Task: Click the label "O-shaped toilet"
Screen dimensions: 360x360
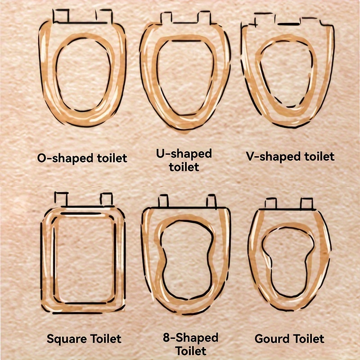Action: [x=82, y=158]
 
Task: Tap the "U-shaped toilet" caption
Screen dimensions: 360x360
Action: [x=184, y=160]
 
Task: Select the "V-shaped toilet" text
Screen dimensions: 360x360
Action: [x=290, y=157]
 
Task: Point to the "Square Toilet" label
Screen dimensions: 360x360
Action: [x=84, y=339]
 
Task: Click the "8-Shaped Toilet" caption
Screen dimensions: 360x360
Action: [x=190, y=344]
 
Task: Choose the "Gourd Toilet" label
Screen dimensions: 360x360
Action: [x=289, y=339]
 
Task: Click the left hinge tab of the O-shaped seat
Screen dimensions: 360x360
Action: [x=61, y=16]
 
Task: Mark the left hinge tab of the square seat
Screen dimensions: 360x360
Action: [x=61, y=199]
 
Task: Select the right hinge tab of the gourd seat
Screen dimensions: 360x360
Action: [x=307, y=204]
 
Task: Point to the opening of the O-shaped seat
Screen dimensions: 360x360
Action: [x=84, y=75]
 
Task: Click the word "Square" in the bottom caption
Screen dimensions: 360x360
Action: [x=67, y=339]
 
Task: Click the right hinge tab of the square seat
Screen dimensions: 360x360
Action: [x=106, y=199]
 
